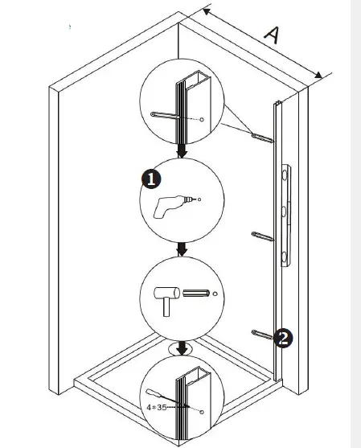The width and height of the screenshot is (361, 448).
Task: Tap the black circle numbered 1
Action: (x=150, y=179)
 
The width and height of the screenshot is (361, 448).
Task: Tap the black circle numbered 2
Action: (x=282, y=338)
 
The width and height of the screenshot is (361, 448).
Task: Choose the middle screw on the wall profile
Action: (x=263, y=236)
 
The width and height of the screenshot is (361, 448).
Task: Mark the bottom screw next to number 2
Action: (x=263, y=334)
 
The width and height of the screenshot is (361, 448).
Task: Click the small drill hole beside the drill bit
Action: (x=199, y=197)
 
